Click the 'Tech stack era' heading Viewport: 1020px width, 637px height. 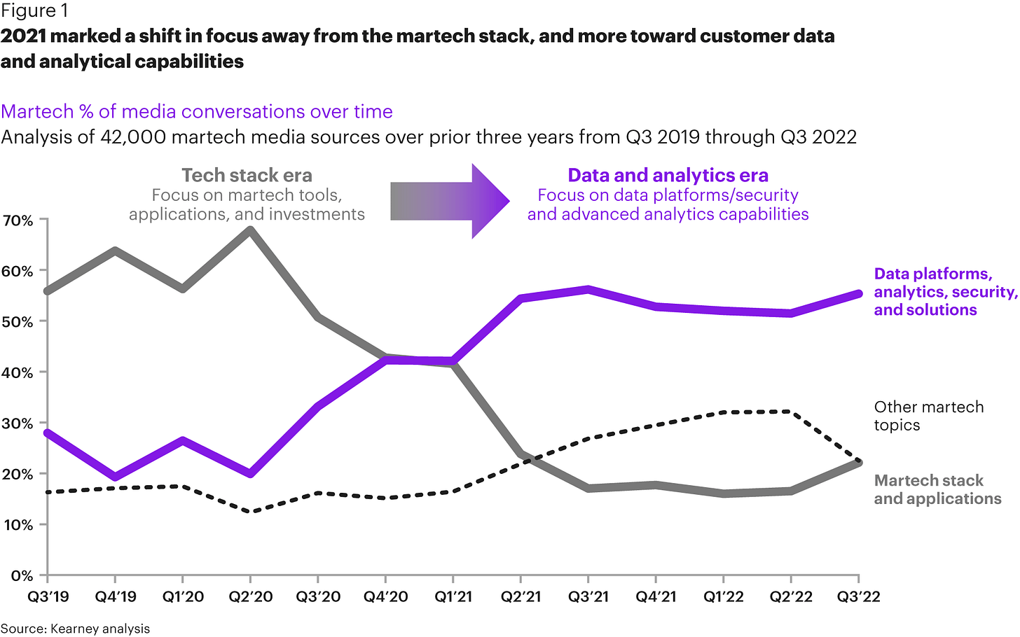click(247, 175)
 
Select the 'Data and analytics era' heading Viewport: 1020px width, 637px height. click(668, 175)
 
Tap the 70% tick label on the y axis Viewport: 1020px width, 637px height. click(18, 220)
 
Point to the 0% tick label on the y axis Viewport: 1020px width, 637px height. click(22, 575)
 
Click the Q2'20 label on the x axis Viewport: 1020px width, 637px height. click(250, 597)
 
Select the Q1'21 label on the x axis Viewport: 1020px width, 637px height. click(453, 597)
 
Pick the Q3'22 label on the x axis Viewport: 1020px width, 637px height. click(859, 597)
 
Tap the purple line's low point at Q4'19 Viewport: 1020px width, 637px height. click(115, 477)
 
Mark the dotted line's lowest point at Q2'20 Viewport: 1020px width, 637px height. click(250, 512)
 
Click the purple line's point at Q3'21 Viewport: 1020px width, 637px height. click(588, 289)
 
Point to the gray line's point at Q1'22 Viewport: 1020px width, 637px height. click(724, 493)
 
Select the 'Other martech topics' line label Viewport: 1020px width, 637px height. click(928, 416)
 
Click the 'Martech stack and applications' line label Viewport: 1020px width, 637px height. click(937, 489)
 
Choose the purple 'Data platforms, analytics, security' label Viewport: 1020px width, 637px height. click(944, 292)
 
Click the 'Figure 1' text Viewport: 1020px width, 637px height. click(29, 11)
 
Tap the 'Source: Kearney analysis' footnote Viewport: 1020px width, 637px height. click(75, 628)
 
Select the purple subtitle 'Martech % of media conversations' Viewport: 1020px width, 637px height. click(197, 111)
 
